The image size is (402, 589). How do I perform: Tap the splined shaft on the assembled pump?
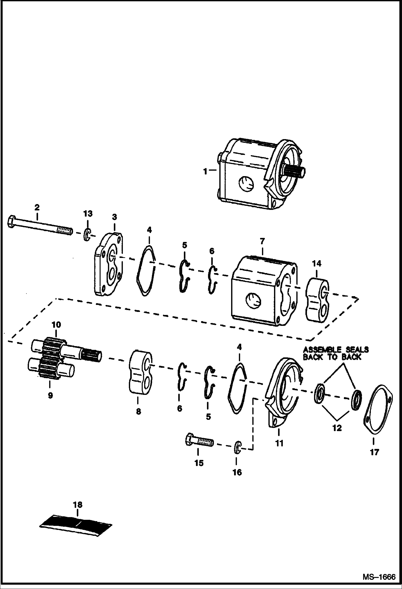[294, 172]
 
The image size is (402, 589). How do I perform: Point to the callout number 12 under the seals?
[337, 428]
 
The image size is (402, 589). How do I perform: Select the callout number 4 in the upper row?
[149, 230]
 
